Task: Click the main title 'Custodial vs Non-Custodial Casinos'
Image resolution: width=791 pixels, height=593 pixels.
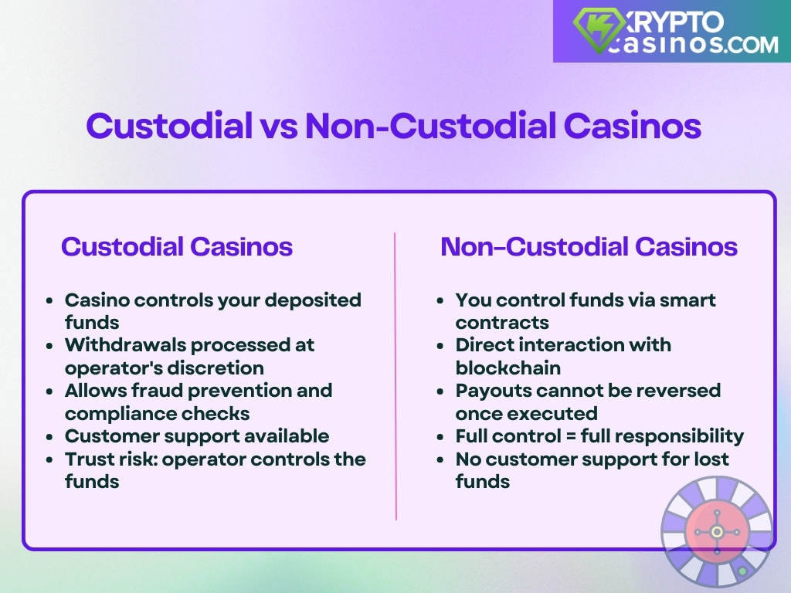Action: (x=393, y=126)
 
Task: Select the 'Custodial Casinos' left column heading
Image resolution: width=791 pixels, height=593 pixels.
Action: (x=177, y=247)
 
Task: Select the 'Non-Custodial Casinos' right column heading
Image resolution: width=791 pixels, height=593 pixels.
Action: (x=589, y=247)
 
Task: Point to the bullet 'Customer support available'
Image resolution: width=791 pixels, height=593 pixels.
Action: (x=196, y=435)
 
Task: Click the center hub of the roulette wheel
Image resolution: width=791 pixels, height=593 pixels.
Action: (x=717, y=532)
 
